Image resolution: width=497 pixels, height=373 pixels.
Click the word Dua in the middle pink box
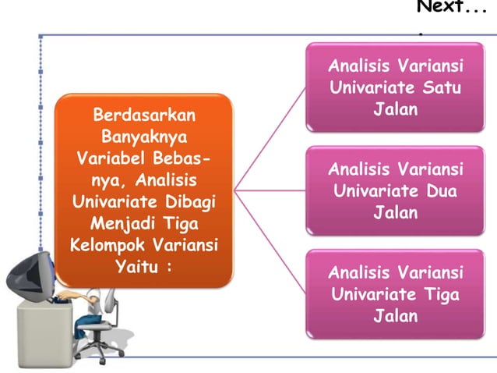tap(441, 190)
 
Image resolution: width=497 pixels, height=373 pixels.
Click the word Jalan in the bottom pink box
tap(396, 316)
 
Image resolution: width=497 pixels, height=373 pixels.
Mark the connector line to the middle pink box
tap(269, 189)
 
